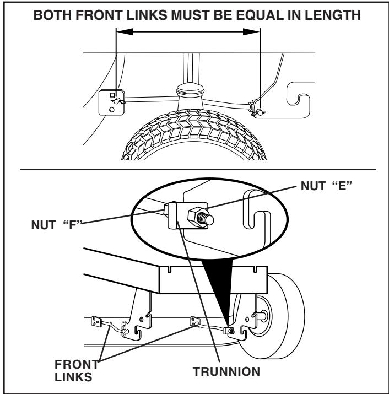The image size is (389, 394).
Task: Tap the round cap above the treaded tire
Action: [x=190, y=90]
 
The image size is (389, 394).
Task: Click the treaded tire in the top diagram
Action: [x=190, y=135]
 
